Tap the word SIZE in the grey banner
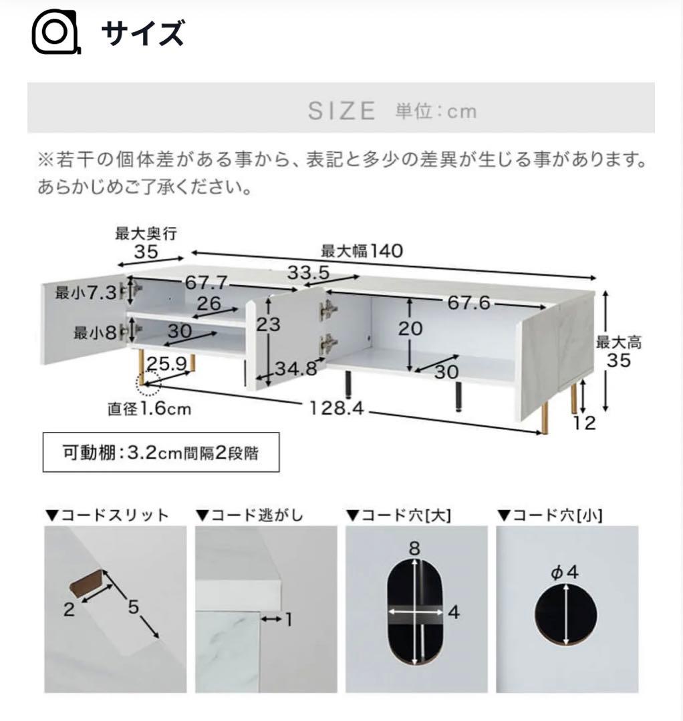341,111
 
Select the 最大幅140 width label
362,250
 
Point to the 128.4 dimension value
336,407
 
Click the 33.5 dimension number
308,272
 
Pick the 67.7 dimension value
206,282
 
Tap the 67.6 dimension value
468,302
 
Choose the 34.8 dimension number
296,369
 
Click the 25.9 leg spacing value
166,364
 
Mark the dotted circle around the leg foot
148,383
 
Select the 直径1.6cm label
149,409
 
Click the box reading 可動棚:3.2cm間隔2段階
161,453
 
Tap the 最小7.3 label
86,292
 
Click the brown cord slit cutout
86,580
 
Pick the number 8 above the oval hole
414,548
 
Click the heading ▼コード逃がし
249,515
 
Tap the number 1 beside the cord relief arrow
289,620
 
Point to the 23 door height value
269,324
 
